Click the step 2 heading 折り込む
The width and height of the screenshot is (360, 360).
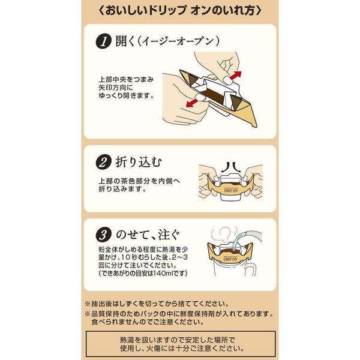tap(142, 163)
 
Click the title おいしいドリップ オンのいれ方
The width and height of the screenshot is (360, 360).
tap(180, 11)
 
